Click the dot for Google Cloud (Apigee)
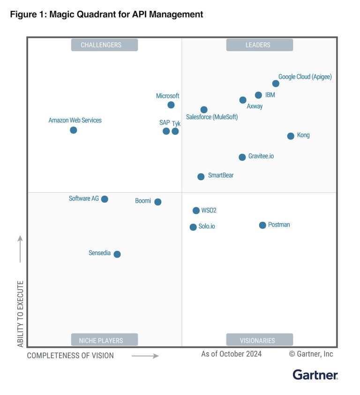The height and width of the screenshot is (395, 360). pyautogui.click(x=276, y=84)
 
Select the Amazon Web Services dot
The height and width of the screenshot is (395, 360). pyautogui.click(x=74, y=130)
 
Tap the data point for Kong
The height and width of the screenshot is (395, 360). pyautogui.click(x=291, y=136)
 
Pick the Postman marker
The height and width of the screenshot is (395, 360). pyautogui.click(x=262, y=225)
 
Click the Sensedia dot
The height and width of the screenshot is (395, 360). pyautogui.click(x=117, y=254)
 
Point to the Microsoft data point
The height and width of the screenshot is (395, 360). pyautogui.click(x=171, y=105)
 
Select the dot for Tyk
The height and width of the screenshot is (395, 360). pyautogui.click(x=175, y=131)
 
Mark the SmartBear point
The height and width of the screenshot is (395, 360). pyautogui.click(x=201, y=177)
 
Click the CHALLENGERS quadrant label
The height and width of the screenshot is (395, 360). pyautogui.click(x=105, y=45)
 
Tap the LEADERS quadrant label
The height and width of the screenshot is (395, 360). pyautogui.click(x=259, y=45)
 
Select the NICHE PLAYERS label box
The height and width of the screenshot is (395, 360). pyautogui.click(x=105, y=340)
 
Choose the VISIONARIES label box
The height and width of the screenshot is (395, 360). pyautogui.click(x=259, y=340)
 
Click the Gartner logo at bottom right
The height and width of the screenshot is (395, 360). pyautogui.click(x=315, y=374)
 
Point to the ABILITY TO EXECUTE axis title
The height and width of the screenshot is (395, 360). pyautogui.click(x=20, y=314)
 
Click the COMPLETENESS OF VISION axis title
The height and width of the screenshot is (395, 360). pyautogui.click(x=70, y=356)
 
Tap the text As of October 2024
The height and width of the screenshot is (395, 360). pyautogui.click(x=232, y=354)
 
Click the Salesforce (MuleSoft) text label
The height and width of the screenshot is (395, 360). pyautogui.click(x=212, y=117)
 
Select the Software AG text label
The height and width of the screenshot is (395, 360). pyautogui.click(x=84, y=198)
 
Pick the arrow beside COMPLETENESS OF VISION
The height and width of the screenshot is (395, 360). pyautogui.click(x=145, y=356)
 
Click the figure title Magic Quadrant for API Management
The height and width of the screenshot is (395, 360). pyautogui.click(x=106, y=15)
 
